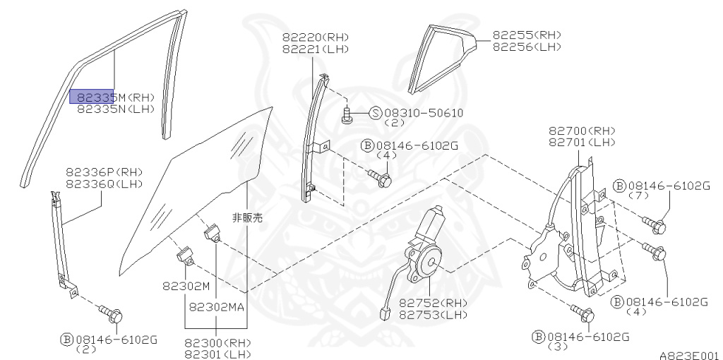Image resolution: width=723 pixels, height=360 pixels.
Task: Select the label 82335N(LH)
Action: click(115, 109)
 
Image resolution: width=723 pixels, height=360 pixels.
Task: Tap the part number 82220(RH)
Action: click(316, 37)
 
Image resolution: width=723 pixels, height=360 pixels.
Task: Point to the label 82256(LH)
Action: click(527, 47)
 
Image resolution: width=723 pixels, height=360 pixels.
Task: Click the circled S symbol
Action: click(375, 113)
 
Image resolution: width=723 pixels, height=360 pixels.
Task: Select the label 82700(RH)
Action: click(582, 131)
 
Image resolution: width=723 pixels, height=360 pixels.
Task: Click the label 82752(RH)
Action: click(433, 304)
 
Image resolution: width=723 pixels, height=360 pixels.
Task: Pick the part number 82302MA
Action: click(217, 307)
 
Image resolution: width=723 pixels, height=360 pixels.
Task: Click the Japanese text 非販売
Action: click(246, 218)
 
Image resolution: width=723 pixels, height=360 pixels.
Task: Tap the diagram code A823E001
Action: click(689, 355)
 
